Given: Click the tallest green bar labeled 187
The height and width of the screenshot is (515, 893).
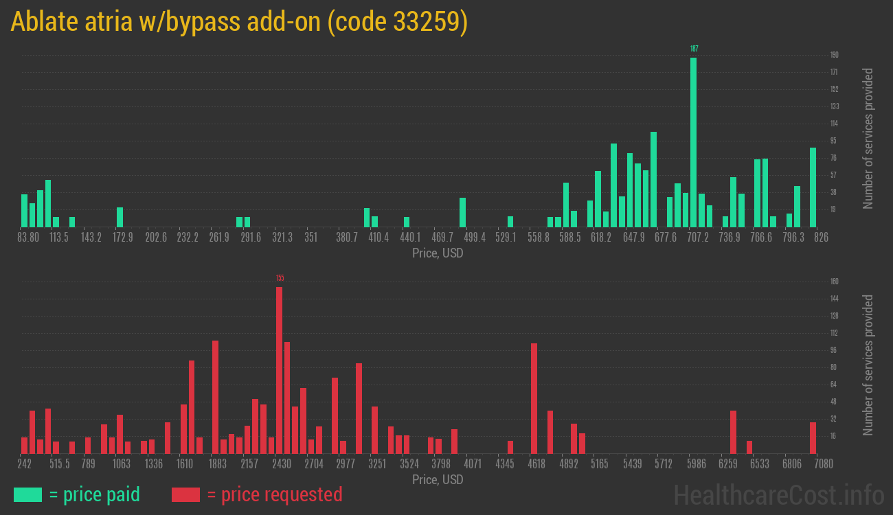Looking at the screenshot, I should click(x=693, y=142).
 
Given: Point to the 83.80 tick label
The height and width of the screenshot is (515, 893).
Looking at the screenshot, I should click(x=28, y=237).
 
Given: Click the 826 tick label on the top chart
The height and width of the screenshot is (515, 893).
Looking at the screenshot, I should click(x=821, y=237).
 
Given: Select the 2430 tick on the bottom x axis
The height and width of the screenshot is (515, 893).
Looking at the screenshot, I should click(x=282, y=463).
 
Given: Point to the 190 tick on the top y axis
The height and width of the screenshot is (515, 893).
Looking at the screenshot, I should click(x=834, y=55).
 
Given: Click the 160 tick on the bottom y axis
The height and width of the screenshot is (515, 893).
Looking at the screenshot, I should click(x=834, y=282).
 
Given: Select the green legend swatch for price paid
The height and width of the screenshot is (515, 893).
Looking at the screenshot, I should click(x=27, y=494).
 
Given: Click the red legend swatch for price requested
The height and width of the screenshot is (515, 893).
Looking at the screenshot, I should click(x=185, y=494).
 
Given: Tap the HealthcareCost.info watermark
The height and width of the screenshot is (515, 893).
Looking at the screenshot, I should click(x=778, y=494).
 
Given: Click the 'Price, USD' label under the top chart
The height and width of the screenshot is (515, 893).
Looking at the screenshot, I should click(x=438, y=253).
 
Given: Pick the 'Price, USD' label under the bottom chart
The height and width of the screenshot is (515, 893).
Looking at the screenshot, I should click(x=438, y=479).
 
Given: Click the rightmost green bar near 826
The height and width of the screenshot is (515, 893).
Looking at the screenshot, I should click(x=813, y=187).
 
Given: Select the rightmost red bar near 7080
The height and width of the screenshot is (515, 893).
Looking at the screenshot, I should click(x=813, y=437).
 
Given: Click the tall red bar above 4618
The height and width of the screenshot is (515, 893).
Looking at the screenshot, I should click(x=534, y=398).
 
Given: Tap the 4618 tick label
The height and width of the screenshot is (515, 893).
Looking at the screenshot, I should click(x=536, y=463).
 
